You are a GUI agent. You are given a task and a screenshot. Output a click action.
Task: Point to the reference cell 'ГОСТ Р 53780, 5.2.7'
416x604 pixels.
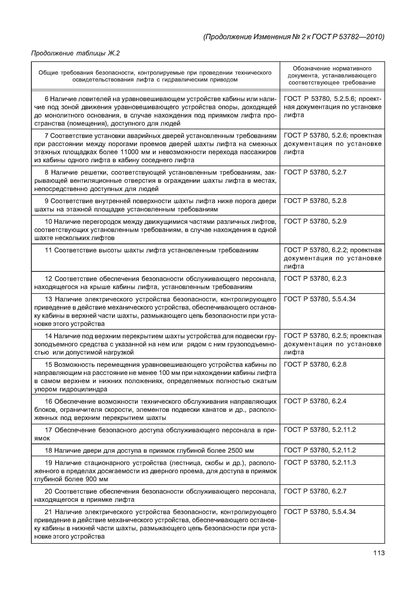tap(315, 172)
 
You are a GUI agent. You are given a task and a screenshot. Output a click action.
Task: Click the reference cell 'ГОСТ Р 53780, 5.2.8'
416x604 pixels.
tap(315, 201)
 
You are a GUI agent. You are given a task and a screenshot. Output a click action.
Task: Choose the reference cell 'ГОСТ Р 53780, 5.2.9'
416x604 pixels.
tap(315, 221)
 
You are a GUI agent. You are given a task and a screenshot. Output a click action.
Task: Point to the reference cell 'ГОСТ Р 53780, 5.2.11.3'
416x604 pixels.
tap(319, 463)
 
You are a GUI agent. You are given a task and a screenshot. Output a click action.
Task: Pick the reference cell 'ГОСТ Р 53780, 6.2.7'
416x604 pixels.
tap(315, 491)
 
